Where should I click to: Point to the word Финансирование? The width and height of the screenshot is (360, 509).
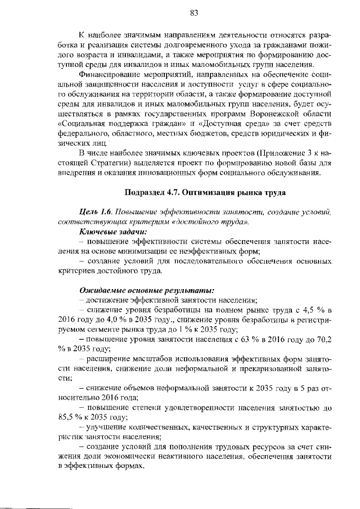(x=114, y=74)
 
